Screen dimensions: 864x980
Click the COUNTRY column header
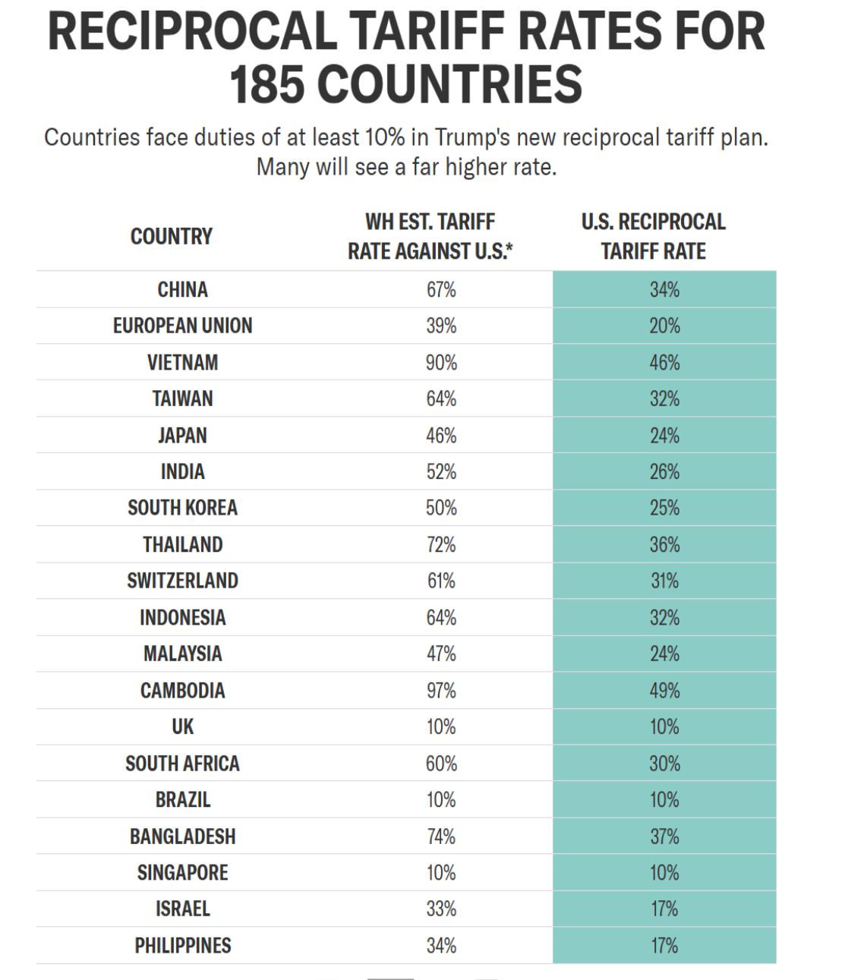coord(172,237)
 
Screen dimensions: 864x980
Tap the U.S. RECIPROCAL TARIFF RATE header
coord(654,237)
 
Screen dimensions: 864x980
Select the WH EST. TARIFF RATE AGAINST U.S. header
coord(430,237)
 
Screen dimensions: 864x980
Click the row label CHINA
coord(183,289)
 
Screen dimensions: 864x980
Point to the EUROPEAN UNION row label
coord(183,326)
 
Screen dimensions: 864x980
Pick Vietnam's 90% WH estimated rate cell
coord(441,362)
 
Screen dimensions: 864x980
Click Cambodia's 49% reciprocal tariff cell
coord(664,690)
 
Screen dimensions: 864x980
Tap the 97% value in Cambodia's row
coord(441,690)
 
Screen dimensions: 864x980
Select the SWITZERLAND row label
coord(183,581)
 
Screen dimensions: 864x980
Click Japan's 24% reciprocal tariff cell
coord(664,435)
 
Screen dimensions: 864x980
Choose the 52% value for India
coord(441,471)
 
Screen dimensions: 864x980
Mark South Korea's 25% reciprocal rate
coord(664,508)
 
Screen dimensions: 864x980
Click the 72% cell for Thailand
coord(441,545)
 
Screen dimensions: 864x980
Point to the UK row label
coord(183,726)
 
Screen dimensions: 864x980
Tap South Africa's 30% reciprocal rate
coord(664,764)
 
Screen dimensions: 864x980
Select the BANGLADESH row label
coord(183,837)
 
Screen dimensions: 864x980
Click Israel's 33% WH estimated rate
coord(441,909)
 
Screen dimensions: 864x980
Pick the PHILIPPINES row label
coord(183,946)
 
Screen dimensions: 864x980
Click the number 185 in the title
coord(267,84)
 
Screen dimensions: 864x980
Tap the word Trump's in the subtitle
coord(471,137)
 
